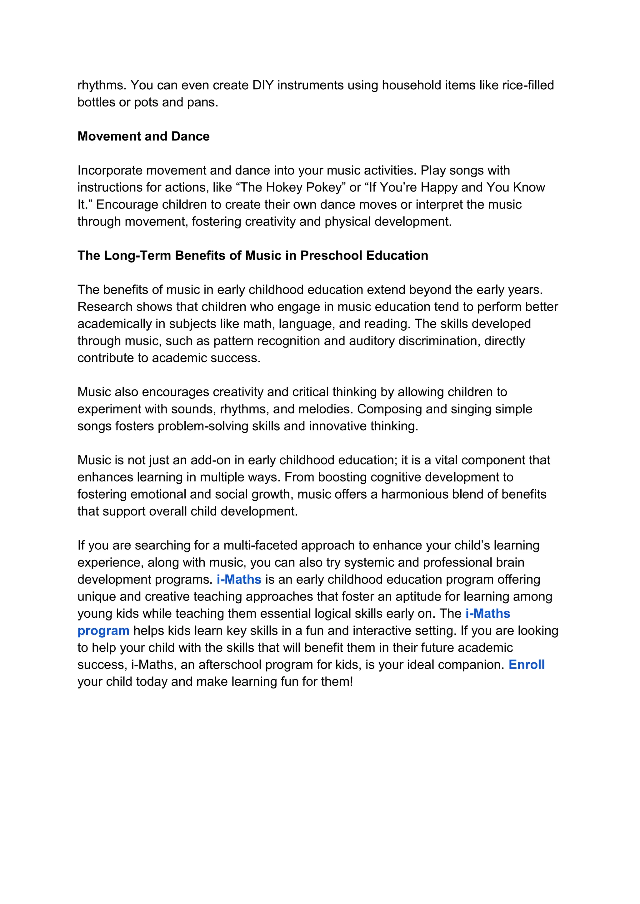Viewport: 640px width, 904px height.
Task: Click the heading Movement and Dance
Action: click(x=143, y=136)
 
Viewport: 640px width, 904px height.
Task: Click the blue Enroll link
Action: click(x=527, y=664)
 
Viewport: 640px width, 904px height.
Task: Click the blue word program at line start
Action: click(x=103, y=631)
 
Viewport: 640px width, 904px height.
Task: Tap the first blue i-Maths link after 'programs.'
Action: click(x=239, y=580)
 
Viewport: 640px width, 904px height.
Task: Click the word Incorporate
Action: click(x=110, y=170)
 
